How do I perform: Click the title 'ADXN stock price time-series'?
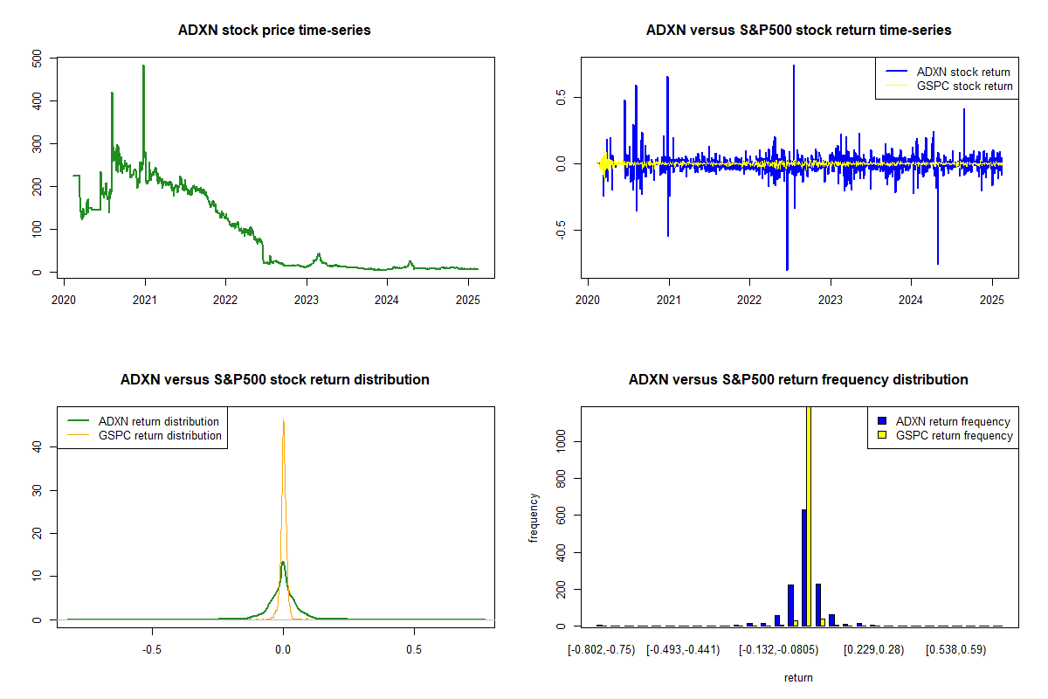(274, 31)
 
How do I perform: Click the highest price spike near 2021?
(143, 66)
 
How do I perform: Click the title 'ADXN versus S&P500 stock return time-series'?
(798, 31)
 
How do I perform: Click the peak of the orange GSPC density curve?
(284, 420)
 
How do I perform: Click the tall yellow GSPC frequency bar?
(809, 524)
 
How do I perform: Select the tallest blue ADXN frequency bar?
(803, 568)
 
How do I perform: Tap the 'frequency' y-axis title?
(534, 516)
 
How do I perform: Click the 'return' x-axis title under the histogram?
(798, 677)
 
